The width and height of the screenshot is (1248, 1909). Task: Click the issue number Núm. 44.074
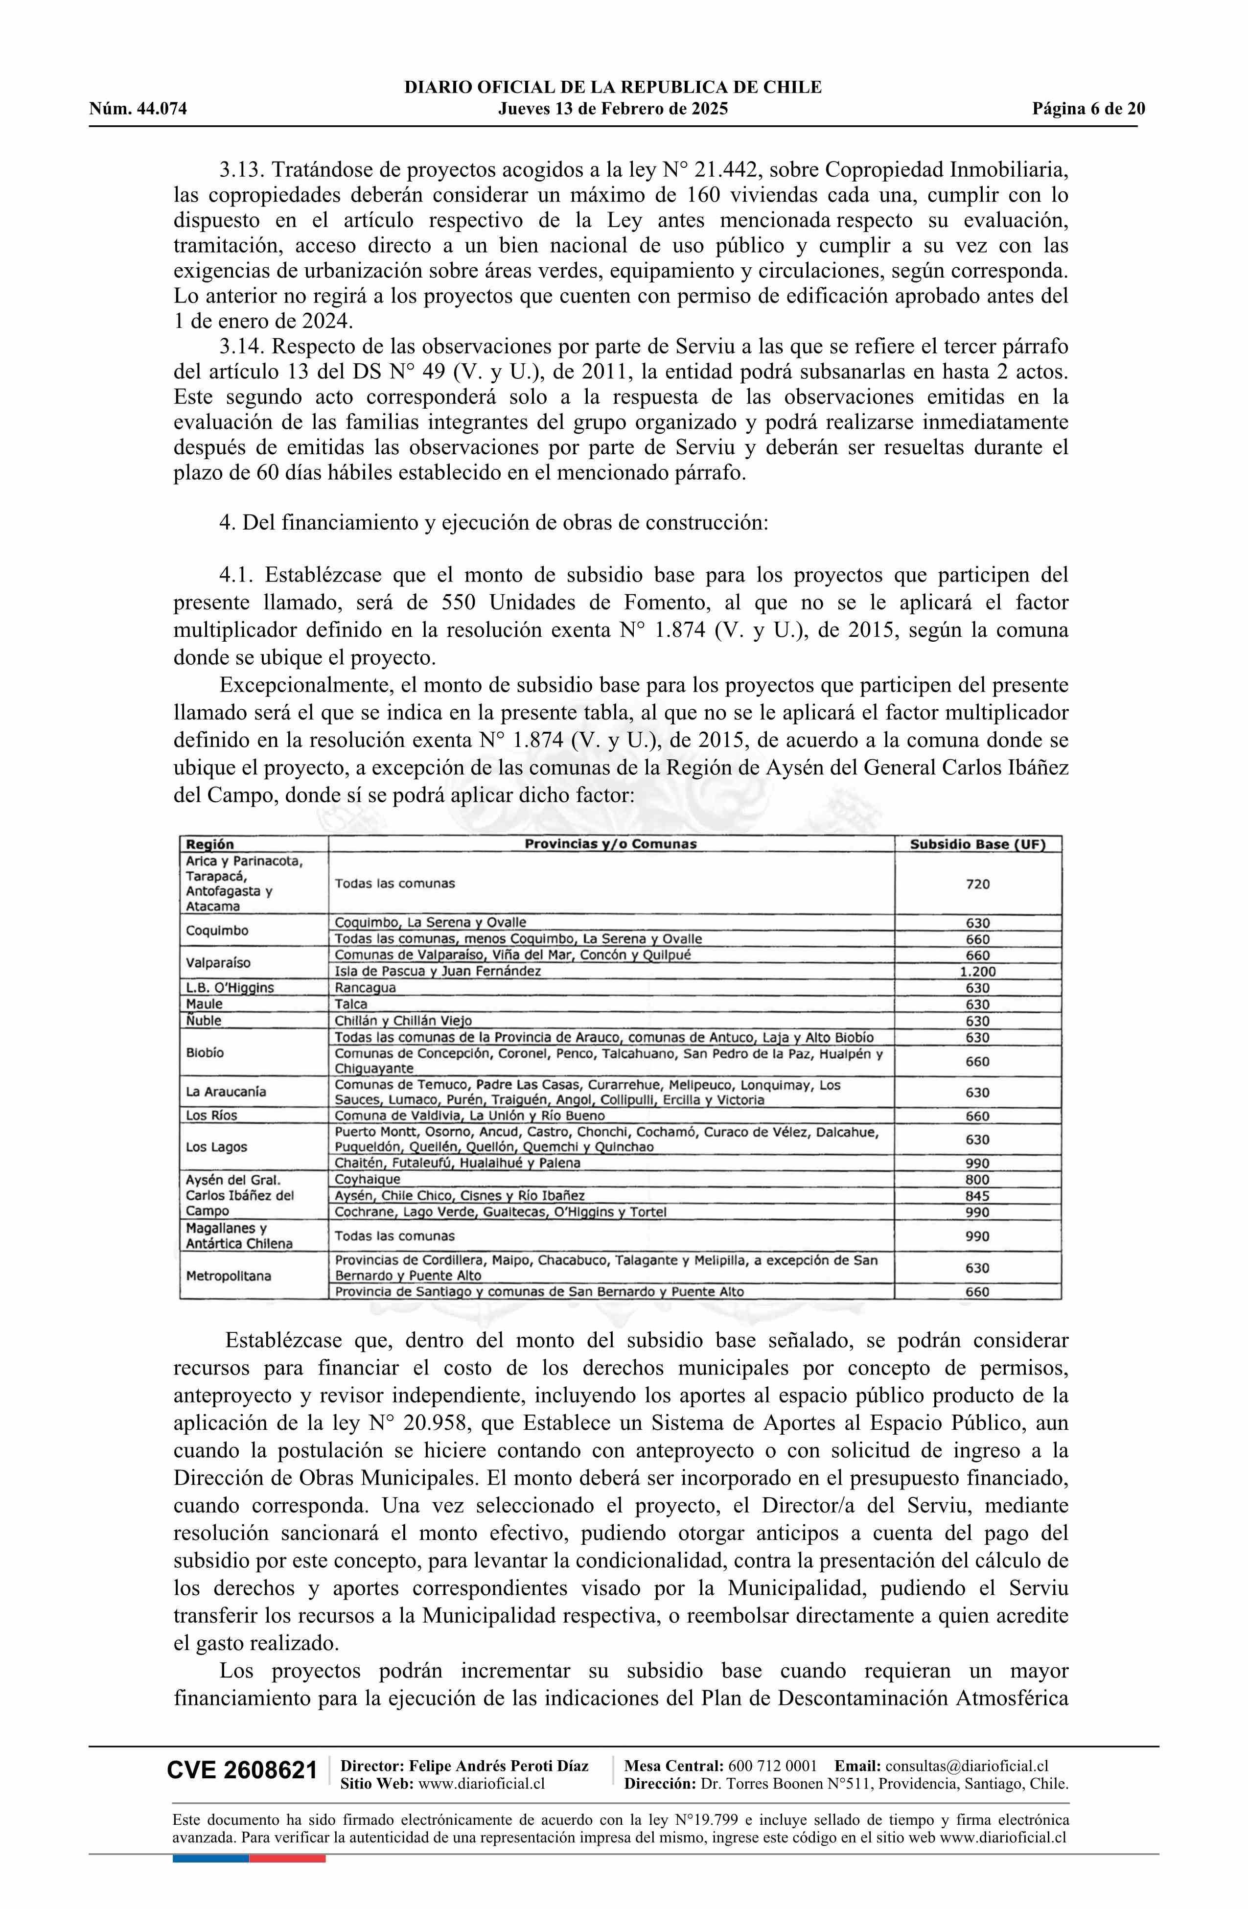coord(138,109)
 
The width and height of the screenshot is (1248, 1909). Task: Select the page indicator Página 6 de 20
coord(1088,109)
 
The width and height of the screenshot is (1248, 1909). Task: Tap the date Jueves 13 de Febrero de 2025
coord(613,109)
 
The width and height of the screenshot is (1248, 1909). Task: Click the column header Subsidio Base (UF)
coord(977,844)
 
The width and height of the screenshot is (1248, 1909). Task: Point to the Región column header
coord(210,844)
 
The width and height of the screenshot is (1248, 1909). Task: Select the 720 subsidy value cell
coord(977,884)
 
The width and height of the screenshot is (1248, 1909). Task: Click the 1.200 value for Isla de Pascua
coord(977,971)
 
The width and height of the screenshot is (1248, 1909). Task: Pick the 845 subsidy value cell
coord(977,1196)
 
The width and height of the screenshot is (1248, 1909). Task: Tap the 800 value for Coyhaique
coord(977,1180)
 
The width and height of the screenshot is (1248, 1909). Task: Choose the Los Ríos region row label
coord(212,1116)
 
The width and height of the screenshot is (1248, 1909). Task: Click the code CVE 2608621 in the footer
coord(241,1771)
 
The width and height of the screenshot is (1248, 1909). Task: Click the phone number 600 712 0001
coord(773,1766)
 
